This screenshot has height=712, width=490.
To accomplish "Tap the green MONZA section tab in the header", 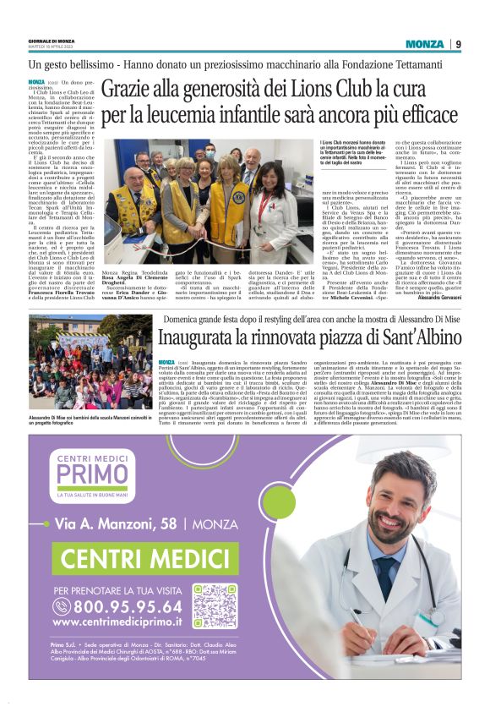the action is (425, 44).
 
